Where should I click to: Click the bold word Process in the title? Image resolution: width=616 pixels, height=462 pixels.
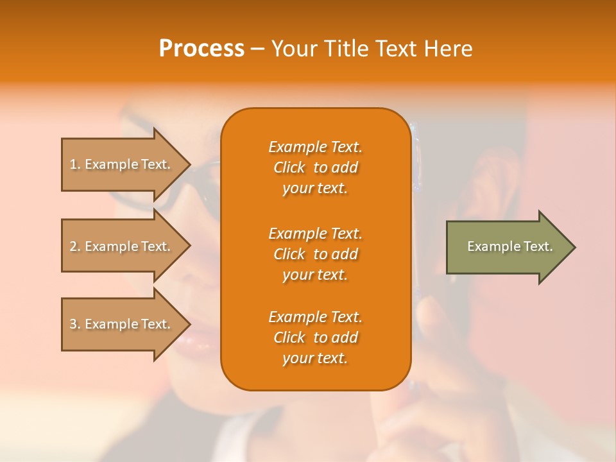[x=201, y=49]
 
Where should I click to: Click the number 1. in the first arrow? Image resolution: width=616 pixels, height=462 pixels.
[x=75, y=164]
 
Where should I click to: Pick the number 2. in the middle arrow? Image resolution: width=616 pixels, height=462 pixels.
[x=75, y=246]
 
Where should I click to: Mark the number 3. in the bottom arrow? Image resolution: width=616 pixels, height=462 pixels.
[x=75, y=324]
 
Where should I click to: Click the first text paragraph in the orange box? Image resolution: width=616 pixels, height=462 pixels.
[x=315, y=167]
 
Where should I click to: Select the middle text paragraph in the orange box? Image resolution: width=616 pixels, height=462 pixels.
[x=315, y=253]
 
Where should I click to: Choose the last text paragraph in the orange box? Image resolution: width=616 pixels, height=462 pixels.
[x=315, y=338]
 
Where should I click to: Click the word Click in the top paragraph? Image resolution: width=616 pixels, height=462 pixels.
[x=289, y=167]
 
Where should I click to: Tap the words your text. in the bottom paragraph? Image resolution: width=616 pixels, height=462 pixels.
[x=315, y=358]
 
